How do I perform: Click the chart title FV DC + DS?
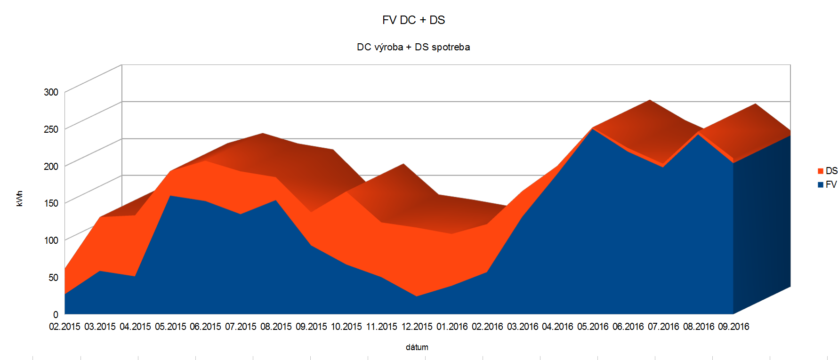(x=413, y=20)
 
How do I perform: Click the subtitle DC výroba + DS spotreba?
(x=413, y=47)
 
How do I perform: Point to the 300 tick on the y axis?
(x=51, y=92)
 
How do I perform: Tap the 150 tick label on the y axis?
(x=51, y=203)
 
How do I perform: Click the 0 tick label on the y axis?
(x=56, y=314)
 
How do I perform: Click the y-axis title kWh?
(x=19, y=199)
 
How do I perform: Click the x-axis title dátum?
(x=417, y=347)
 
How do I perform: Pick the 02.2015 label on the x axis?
(x=64, y=327)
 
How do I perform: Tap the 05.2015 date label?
(x=170, y=327)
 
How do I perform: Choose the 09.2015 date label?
(x=311, y=327)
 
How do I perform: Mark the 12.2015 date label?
(x=417, y=327)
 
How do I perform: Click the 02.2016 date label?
(x=487, y=327)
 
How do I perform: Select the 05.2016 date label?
(x=593, y=327)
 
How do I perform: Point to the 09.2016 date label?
(x=733, y=327)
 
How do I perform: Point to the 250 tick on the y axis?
(x=51, y=129)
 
